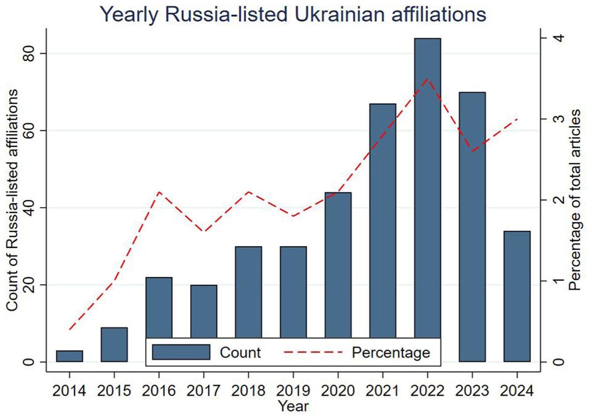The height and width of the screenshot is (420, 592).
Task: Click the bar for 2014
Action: [x=69, y=356]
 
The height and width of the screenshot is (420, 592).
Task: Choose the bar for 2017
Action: [x=203, y=311]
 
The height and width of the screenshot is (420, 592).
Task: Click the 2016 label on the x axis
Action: [x=159, y=391]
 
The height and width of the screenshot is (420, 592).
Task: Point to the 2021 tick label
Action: [x=383, y=391]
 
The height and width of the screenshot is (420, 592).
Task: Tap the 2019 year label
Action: [x=293, y=391]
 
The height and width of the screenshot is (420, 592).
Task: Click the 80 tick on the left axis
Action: [x=29, y=54]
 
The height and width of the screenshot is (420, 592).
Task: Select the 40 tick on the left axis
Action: [x=29, y=208]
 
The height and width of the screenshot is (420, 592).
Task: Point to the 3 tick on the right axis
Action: [x=559, y=119]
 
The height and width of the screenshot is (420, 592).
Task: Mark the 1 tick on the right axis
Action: [x=559, y=281]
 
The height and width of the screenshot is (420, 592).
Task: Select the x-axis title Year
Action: [x=293, y=406]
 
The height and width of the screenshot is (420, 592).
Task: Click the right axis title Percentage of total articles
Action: [x=575, y=200]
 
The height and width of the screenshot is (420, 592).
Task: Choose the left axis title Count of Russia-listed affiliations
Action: [x=12, y=200]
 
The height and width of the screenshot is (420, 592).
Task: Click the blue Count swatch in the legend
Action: [x=181, y=352]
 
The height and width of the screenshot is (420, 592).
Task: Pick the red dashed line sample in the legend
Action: [x=313, y=352]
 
